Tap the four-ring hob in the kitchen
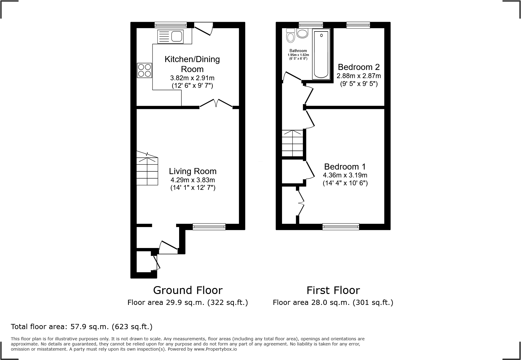pos(144,70)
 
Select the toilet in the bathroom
pos(291,35)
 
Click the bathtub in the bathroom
pos(321,54)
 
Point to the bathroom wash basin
pos(302,33)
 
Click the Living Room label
pos(193,171)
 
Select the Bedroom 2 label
pos(359,67)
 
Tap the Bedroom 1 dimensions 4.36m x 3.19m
pos(345,175)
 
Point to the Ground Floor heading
pos(188,290)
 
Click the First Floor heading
pos(333,290)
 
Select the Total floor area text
pos(81,327)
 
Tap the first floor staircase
pos(293,143)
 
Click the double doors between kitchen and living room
pos(216,104)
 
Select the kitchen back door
pos(203,29)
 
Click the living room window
pos(209,226)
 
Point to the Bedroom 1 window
pos(341,226)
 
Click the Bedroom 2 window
pos(358,25)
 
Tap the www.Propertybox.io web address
pos(215,349)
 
